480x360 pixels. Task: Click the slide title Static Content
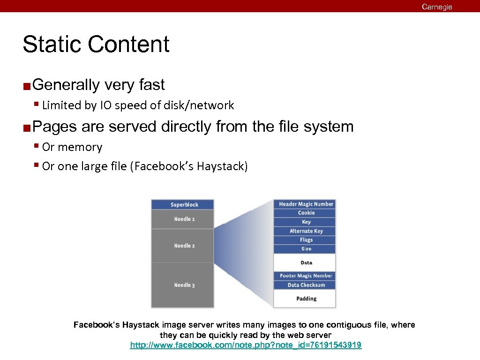coord(96,45)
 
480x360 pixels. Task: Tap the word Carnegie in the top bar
coord(436,7)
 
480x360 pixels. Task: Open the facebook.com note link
coord(245,345)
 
